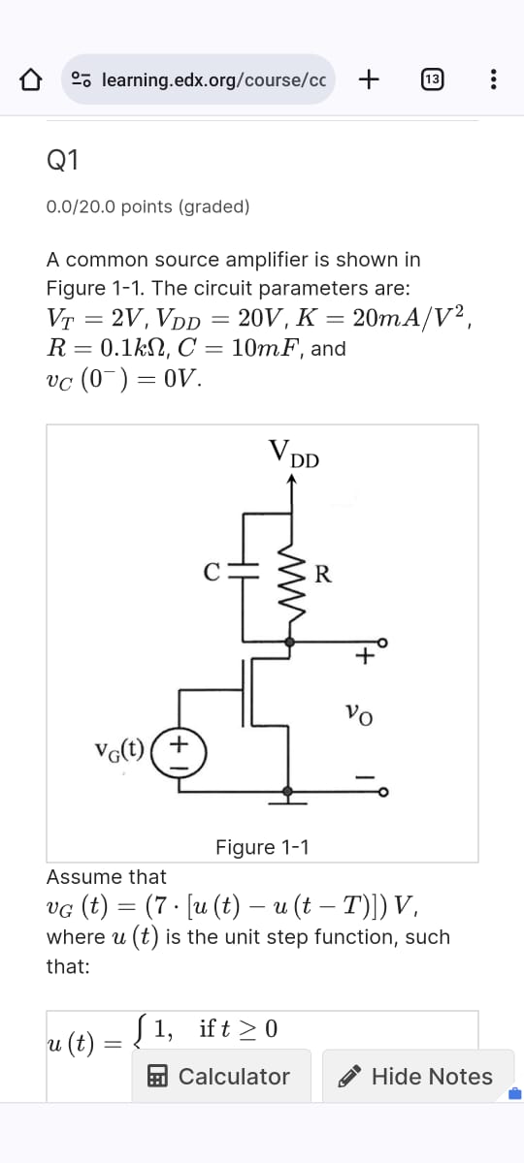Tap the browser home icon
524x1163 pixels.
[x=31, y=79]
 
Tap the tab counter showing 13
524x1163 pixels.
[x=433, y=79]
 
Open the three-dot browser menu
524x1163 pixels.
[x=493, y=79]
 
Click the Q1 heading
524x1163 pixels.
[x=63, y=161]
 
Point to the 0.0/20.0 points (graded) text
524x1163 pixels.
[x=147, y=206]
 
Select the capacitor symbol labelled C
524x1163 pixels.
[x=245, y=573]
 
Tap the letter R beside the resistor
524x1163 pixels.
[x=324, y=574]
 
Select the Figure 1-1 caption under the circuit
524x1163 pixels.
[x=262, y=847]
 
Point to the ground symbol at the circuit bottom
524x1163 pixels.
[x=288, y=796]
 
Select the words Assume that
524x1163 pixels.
[x=107, y=877]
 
